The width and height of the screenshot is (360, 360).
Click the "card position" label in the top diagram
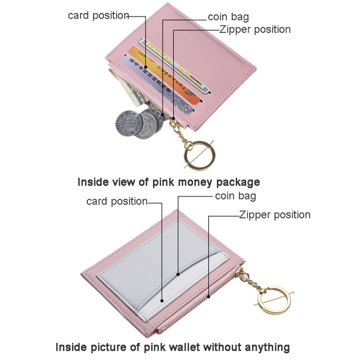point(98,15)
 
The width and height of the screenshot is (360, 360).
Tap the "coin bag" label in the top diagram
point(228,17)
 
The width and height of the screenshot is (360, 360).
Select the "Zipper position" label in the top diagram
point(255,29)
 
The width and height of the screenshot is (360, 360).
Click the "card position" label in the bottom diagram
point(117,201)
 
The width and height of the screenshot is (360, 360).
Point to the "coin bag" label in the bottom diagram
point(235,196)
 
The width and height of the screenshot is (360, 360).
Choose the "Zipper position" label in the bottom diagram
point(275,215)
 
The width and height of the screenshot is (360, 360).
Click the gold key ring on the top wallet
point(199,155)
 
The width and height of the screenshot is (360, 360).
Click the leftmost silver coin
point(127,123)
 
